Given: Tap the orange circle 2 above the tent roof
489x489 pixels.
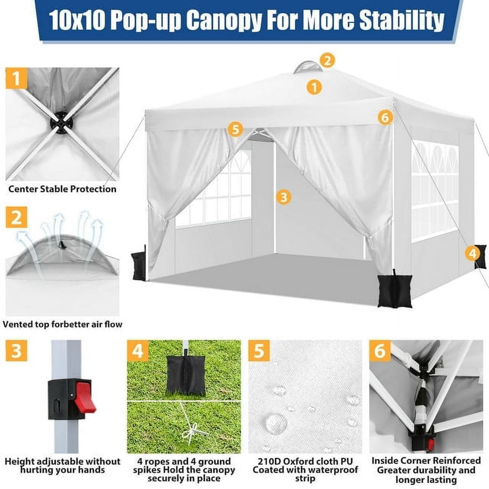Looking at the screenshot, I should [327, 61].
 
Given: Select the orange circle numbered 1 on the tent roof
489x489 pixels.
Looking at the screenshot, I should [314, 87].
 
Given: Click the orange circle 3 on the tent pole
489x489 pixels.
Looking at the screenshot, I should [284, 197].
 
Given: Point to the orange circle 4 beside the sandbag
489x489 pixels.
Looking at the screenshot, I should [472, 254].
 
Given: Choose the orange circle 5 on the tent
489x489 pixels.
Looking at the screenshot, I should [234, 129].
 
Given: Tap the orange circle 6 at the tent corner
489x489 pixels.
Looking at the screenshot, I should [385, 117].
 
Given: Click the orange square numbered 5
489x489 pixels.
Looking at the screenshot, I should [259, 351].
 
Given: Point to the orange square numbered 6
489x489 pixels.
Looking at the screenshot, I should [380, 351].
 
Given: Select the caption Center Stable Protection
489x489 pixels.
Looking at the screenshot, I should [63, 189].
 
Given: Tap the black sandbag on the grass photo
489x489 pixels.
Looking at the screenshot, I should [186, 375].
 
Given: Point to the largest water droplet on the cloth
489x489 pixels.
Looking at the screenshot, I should [276, 423].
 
